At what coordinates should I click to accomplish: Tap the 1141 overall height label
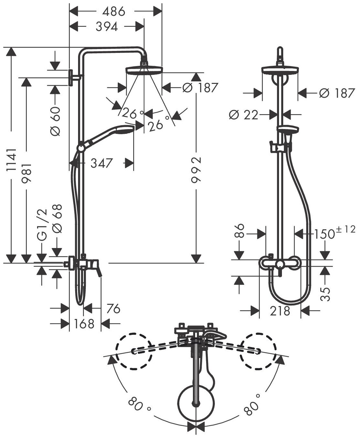[12, 160]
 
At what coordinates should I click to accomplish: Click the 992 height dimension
[196, 170]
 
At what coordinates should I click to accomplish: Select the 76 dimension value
[112, 309]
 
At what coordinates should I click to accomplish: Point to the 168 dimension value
[85, 324]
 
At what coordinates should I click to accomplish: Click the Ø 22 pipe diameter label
[244, 114]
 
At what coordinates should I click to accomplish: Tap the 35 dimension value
[326, 294]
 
